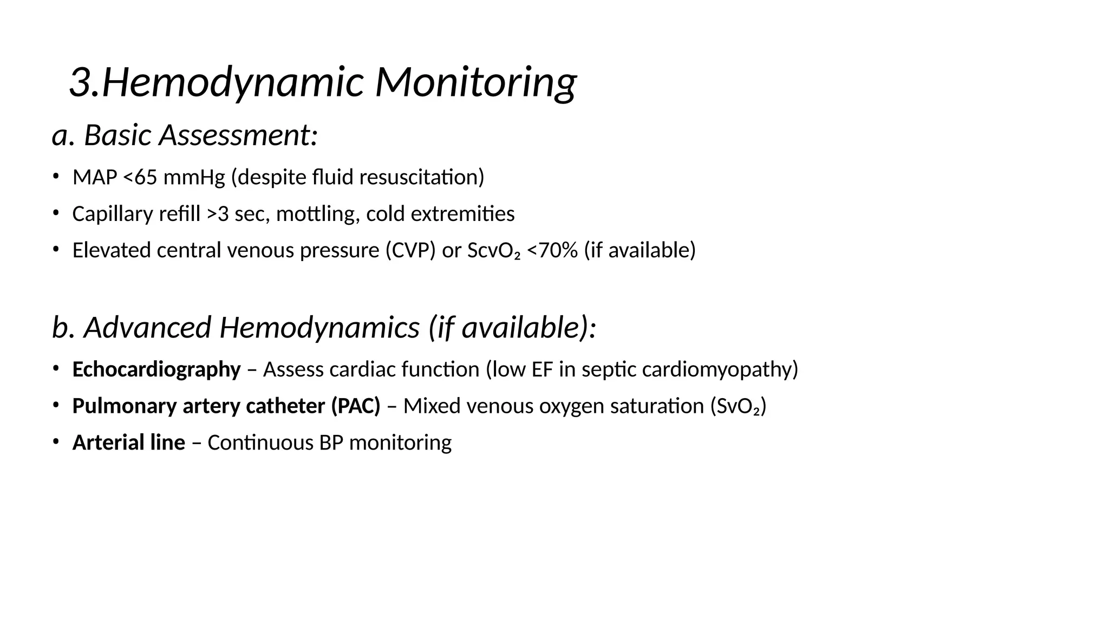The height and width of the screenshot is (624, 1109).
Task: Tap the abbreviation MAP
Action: tap(95, 177)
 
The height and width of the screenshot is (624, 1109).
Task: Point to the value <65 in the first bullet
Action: tap(140, 177)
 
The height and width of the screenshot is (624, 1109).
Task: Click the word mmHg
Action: tap(194, 177)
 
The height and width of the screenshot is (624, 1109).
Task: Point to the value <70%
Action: tap(552, 250)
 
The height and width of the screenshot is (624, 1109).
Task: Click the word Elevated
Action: tap(112, 250)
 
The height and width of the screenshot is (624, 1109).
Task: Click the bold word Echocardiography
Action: tap(156, 369)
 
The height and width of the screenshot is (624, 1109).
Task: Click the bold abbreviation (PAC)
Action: tap(356, 406)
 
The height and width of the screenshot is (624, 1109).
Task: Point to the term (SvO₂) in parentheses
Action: tap(738, 406)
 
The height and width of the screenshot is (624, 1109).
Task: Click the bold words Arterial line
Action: tap(129, 443)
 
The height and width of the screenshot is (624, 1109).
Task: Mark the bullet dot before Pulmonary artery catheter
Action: tap(55, 405)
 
